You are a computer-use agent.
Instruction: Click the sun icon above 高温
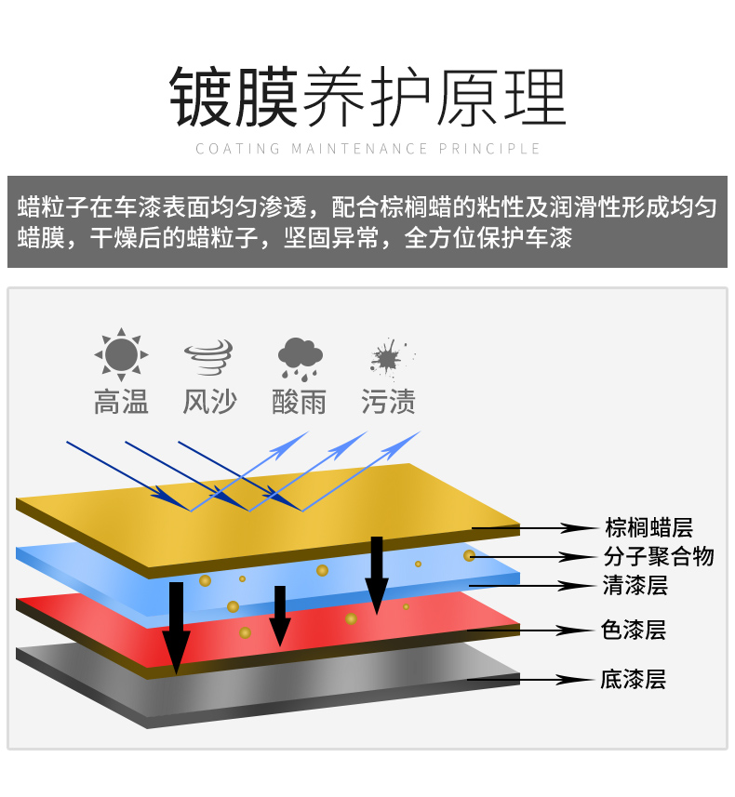[121, 354]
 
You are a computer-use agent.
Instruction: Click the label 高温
[121, 402]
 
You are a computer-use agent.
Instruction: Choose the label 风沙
[209, 402]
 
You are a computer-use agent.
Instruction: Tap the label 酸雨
[300, 402]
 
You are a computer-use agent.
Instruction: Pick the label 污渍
[389, 402]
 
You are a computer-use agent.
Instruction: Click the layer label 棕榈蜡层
[648, 528]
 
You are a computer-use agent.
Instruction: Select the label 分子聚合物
[659, 557]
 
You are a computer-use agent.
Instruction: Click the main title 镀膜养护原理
[367, 97]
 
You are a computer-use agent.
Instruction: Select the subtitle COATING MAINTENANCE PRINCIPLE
[367, 149]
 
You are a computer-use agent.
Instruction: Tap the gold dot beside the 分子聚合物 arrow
[470, 555]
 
